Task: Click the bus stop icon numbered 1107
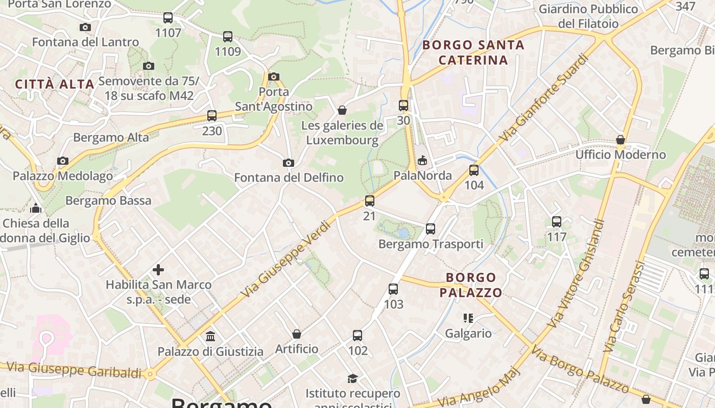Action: pyautogui.click(x=168, y=18)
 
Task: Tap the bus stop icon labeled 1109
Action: pyautogui.click(x=228, y=37)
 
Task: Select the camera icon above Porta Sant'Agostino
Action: pyautogui.click(x=274, y=77)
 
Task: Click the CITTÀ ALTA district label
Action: pyautogui.click(x=55, y=84)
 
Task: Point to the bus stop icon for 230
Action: pyautogui.click(x=212, y=116)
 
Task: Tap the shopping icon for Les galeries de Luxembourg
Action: pyautogui.click(x=342, y=110)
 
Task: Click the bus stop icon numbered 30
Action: pyautogui.click(x=403, y=106)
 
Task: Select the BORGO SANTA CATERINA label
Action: pyautogui.click(x=473, y=53)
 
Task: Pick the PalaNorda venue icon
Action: pyautogui.click(x=422, y=161)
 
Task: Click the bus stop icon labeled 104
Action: pyautogui.click(x=474, y=170)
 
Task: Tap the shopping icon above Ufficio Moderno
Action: pyautogui.click(x=621, y=140)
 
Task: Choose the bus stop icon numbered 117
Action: pyautogui.click(x=557, y=222)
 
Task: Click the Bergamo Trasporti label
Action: pyautogui.click(x=431, y=244)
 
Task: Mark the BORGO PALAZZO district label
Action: pyautogui.click(x=471, y=285)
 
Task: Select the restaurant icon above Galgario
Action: pyautogui.click(x=468, y=319)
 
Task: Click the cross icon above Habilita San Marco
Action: pyautogui.click(x=158, y=269)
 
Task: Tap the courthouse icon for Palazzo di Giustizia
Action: pyautogui.click(x=210, y=337)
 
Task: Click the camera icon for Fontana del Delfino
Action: pyautogui.click(x=289, y=163)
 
